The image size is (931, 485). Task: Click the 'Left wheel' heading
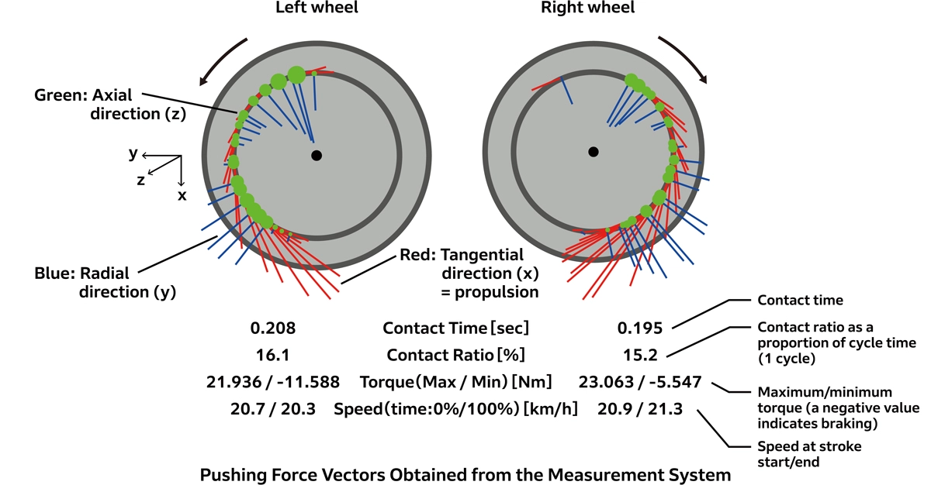coord(316,9)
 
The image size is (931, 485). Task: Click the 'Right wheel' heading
coord(587,9)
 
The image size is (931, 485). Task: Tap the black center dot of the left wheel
coord(316,156)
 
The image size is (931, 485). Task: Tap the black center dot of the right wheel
coord(594,151)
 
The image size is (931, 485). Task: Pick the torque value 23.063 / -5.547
coord(640,382)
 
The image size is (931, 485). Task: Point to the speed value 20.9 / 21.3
coord(640,409)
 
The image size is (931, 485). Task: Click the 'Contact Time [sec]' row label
coord(454,328)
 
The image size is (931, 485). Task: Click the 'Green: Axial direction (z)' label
coord(84,104)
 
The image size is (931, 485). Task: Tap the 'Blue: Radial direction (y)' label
coord(84,283)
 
